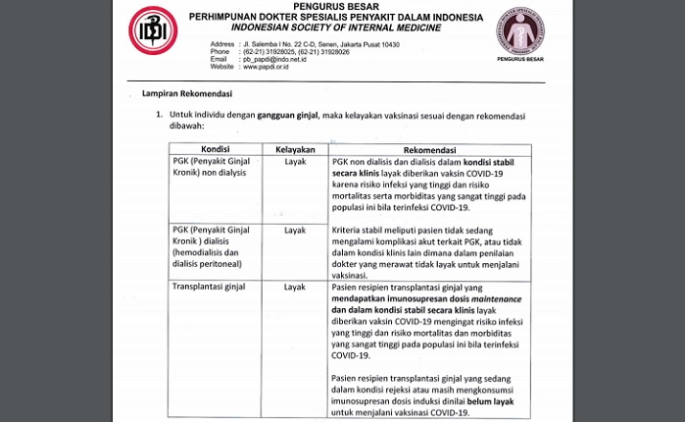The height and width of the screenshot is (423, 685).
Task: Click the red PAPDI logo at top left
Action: pos(154,29)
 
